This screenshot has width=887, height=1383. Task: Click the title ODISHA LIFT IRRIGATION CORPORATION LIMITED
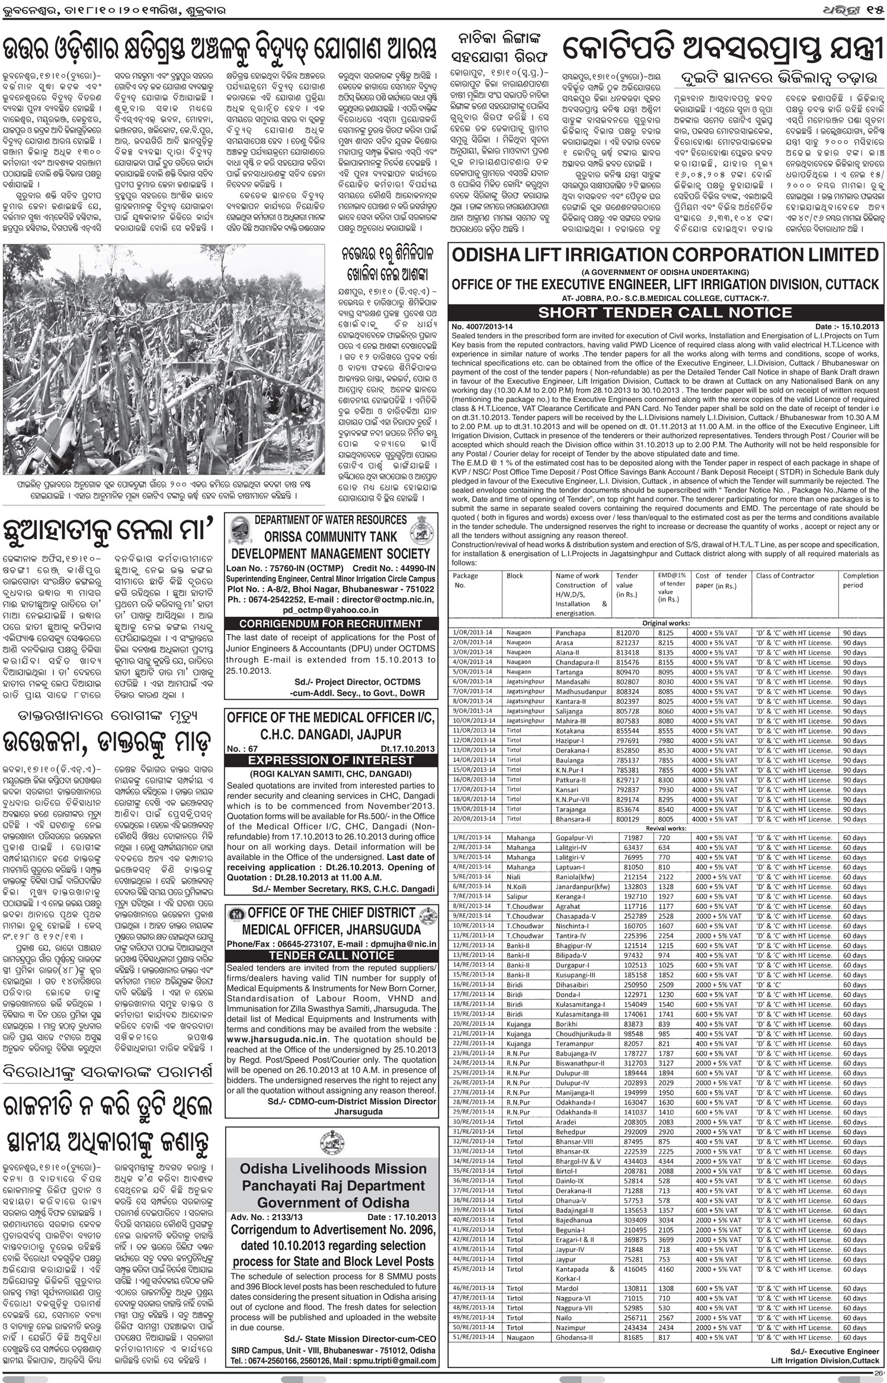665,255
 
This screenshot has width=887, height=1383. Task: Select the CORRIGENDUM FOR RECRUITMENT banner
331,623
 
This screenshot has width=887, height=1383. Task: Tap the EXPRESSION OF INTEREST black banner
331,760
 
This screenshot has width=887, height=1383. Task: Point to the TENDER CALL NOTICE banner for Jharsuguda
331,955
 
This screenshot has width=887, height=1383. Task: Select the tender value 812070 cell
627,633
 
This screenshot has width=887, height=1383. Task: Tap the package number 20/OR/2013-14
473,818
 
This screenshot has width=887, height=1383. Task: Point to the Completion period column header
860,580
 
